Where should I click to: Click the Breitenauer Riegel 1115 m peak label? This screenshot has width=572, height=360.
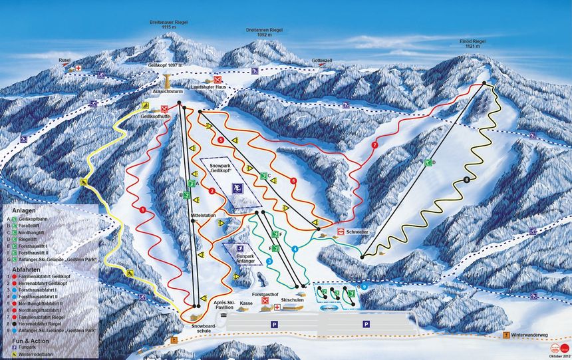click(170, 24)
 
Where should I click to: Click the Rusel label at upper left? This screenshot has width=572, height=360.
click(65, 60)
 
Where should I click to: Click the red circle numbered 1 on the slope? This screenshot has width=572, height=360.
click(143, 210)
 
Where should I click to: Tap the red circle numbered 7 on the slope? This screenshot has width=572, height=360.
click(374, 144)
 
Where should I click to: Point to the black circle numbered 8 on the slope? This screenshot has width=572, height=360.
click(467, 180)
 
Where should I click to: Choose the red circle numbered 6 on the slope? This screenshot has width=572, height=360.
click(293, 180)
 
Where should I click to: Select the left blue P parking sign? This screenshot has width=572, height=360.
click(273, 323)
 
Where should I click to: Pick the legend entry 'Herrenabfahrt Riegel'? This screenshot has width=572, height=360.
click(42, 324)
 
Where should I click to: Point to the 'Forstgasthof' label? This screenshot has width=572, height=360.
click(265, 293)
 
